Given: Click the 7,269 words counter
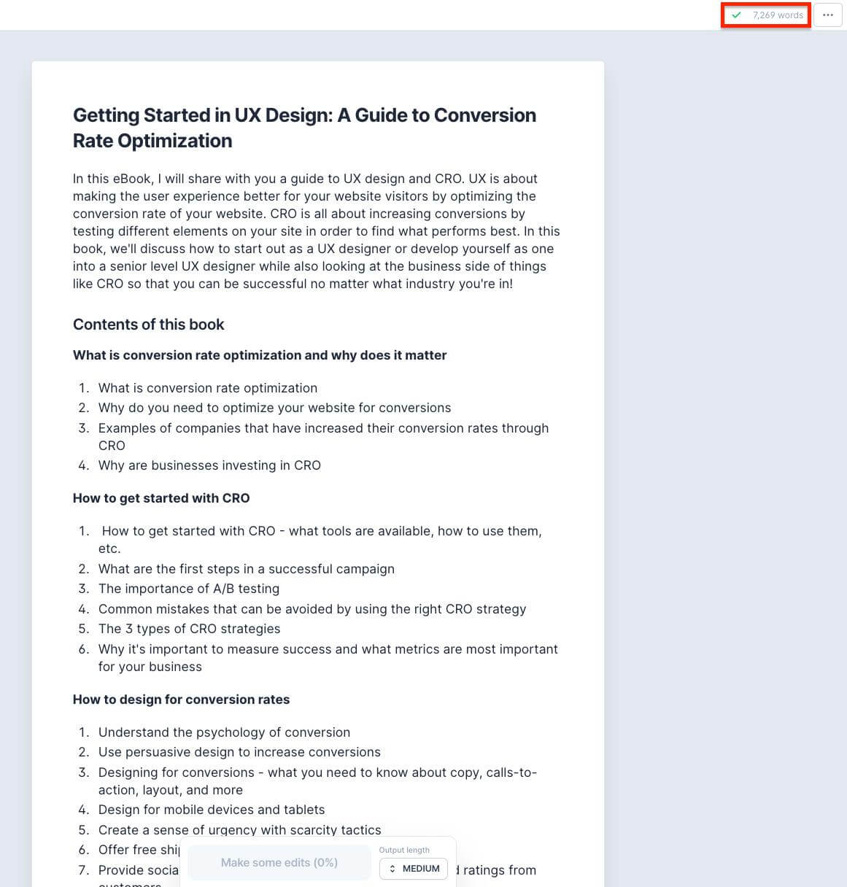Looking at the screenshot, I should coord(778,15).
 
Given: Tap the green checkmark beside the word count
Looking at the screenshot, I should coord(737,15).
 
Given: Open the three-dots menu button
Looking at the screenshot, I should coord(827,15).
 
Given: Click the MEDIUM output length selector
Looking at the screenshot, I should coord(414,868).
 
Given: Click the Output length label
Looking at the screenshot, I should coord(404,850).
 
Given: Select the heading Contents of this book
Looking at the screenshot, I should coord(148,325).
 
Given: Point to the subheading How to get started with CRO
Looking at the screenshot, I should coord(161,498).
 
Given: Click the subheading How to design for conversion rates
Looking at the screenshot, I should coord(181,700).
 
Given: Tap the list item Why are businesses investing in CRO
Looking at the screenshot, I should coord(209,465).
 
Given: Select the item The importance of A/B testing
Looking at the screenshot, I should coord(189,589).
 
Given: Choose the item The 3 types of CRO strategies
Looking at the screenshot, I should coord(189,629).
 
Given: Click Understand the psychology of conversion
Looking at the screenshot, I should coord(224,732).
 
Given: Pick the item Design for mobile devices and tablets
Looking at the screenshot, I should coord(212,810).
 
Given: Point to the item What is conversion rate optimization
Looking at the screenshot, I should coord(208,388).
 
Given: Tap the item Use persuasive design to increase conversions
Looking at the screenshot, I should coord(239,752).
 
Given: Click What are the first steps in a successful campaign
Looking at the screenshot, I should coord(247,569).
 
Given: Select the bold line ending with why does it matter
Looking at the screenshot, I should coord(260,355).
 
